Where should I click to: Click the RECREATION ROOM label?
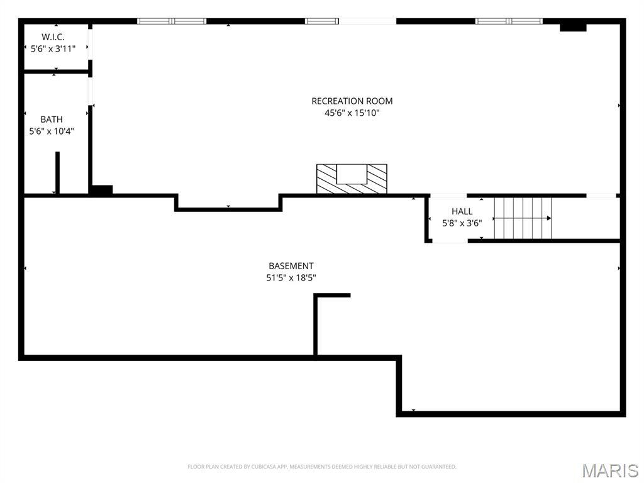click(352, 101)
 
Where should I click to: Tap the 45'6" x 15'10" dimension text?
click(352, 113)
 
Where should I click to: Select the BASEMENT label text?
click(291, 266)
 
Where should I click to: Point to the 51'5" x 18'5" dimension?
click(291, 277)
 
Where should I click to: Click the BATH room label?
click(52, 119)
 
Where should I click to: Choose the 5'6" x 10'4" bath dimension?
click(52, 131)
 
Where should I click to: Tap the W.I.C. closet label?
click(53, 37)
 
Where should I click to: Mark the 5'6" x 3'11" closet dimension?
click(53, 48)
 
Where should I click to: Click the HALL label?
click(462, 211)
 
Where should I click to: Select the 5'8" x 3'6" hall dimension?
click(462, 223)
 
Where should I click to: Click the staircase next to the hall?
click(522, 218)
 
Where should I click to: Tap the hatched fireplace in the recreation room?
click(352, 179)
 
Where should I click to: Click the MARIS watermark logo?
click(610, 470)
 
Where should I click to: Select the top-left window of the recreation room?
click(172, 21)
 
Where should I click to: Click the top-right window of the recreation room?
click(509, 21)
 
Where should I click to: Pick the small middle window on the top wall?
click(322, 21)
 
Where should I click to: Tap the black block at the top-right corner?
click(573, 26)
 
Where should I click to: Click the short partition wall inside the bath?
click(57, 172)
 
